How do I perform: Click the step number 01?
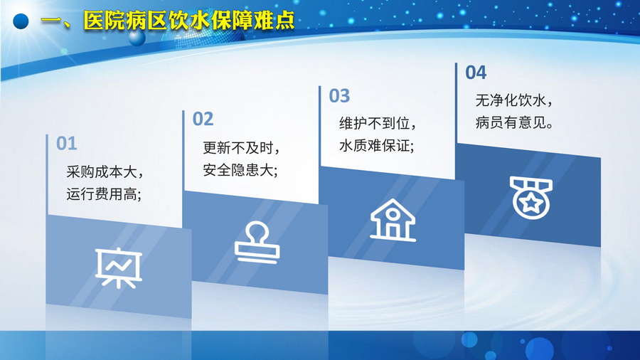pyautogui.click(x=67, y=144)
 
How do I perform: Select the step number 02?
pyautogui.click(x=203, y=120)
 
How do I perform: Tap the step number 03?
pyautogui.click(x=339, y=96)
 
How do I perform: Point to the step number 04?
pyautogui.click(x=476, y=73)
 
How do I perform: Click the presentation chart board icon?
pyautogui.click(x=119, y=268)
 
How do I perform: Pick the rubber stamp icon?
pyautogui.click(x=257, y=243)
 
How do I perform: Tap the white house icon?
pyautogui.click(x=393, y=220)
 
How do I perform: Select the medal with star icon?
pyautogui.click(x=531, y=198)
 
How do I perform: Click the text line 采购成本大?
pyautogui.click(x=105, y=172)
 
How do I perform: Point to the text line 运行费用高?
pyautogui.click(x=104, y=194)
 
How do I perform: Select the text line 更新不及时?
pyautogui.click(x=242, y=148)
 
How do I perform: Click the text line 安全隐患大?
pyautogui.click(x=240, y=170)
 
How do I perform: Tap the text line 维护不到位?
pyautogui.click(x=378, y=123)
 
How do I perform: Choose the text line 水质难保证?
pyautogui.click(x=377, y=146)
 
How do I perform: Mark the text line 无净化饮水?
pyautogui.click(x=514, y=100)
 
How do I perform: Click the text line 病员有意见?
pyautogui.click(x=514, y=122)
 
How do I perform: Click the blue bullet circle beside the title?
pyautogui.click(x=21, y=21)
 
